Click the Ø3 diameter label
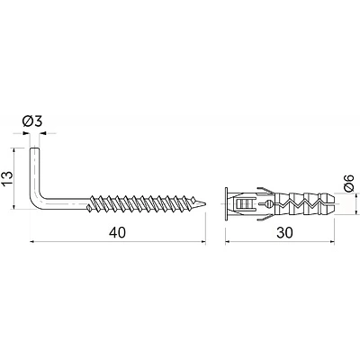coord(32,121)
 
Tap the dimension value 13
coord(7,178)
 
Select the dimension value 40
coord(117,232)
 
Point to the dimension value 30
coord(284,232)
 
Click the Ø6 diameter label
coord(349,183)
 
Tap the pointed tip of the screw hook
coord(205,203)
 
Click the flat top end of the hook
coord(34,148)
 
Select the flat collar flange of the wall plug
coord(226,204)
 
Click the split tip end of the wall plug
coord(332,204)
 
